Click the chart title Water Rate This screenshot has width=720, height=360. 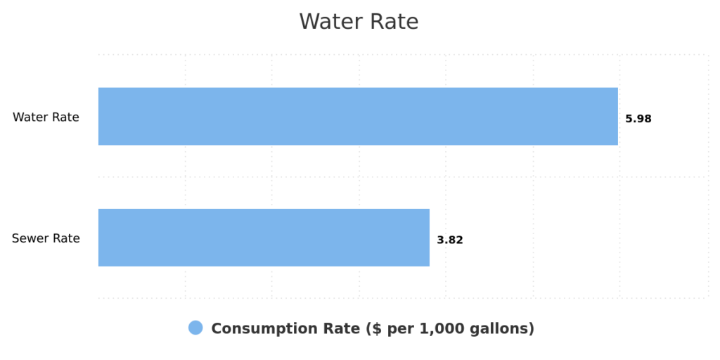(359, 22)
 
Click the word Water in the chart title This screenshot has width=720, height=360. (329, 22)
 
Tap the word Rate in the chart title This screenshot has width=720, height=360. (395, 22)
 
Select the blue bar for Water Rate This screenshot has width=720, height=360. (358, 116)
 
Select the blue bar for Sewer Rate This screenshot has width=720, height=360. (264, 238)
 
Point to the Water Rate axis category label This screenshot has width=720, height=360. (46, 117)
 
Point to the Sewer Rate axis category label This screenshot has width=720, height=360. (46, 238)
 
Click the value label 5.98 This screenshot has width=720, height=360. (638, 119)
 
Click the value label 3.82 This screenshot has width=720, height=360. (450, 240)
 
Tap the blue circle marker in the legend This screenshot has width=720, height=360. (195, 328)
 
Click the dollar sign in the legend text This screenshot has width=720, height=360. (372, 328)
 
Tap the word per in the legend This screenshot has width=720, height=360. (399, 328)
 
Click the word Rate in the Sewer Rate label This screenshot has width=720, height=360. (67, 238)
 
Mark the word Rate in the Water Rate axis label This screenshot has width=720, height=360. (66, 117)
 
